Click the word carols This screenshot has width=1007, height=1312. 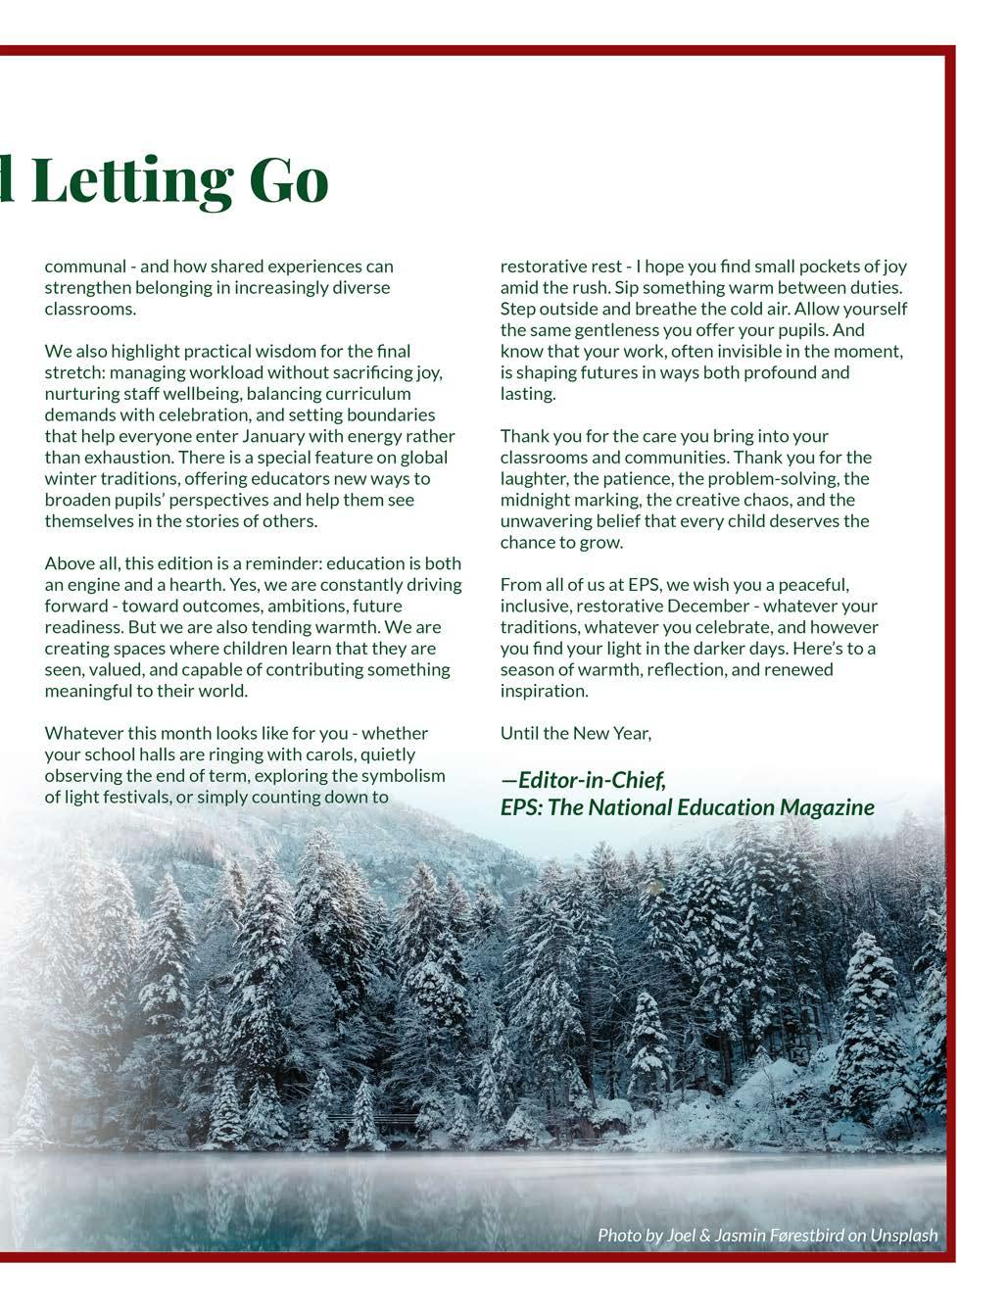pyautogui.click(x=389, y=754)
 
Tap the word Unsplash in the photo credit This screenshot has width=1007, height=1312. pyautogui.click(x=903, y=1236)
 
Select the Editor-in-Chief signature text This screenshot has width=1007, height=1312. pyautogui.click(x=585, y=781)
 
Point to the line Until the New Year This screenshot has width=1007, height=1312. pyautogui.click(x=576, y=733)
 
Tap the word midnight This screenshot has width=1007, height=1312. pyautogui.click(x=538, y=500)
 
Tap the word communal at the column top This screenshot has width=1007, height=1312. pyautogui.click(x=85, y=267)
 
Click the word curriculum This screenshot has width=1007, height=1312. pyautogui.click(x=369, y=394)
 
